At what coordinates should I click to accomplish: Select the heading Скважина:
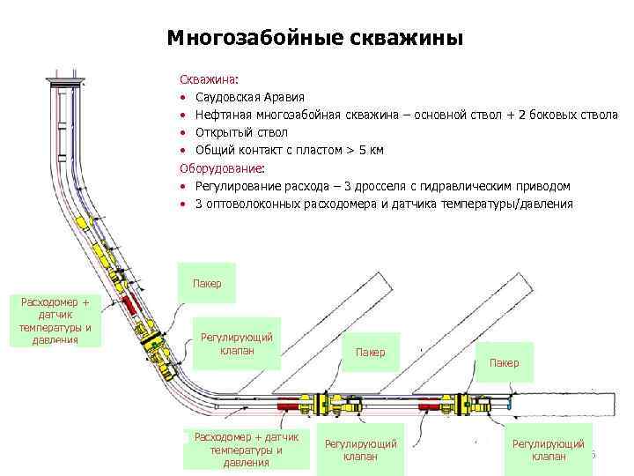203,79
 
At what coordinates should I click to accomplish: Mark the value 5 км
370,150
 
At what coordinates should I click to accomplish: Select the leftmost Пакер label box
207,283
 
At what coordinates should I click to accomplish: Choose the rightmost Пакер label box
505,362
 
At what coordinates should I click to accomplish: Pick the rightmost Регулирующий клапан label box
547,449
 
